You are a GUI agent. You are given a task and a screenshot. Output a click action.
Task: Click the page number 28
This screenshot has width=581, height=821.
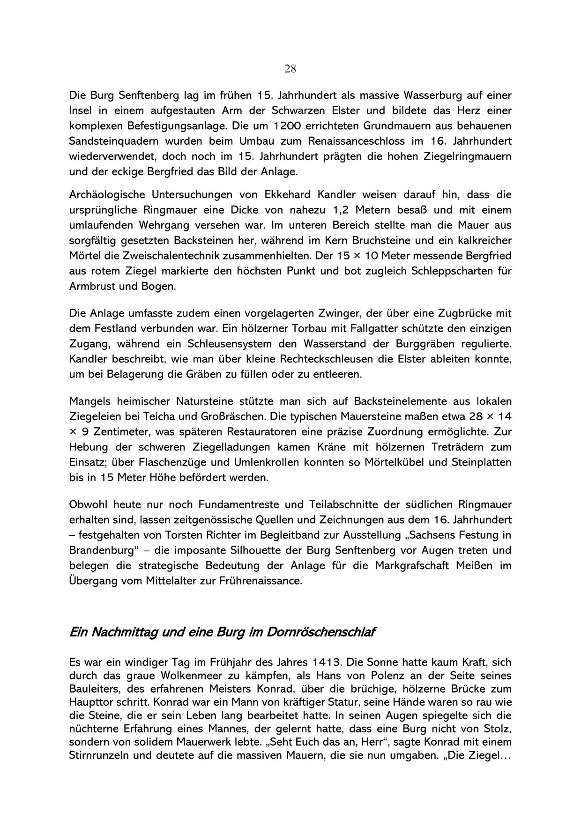tap(290, 69)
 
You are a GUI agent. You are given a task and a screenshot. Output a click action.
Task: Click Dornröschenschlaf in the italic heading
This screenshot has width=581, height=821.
tap(321, 632)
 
